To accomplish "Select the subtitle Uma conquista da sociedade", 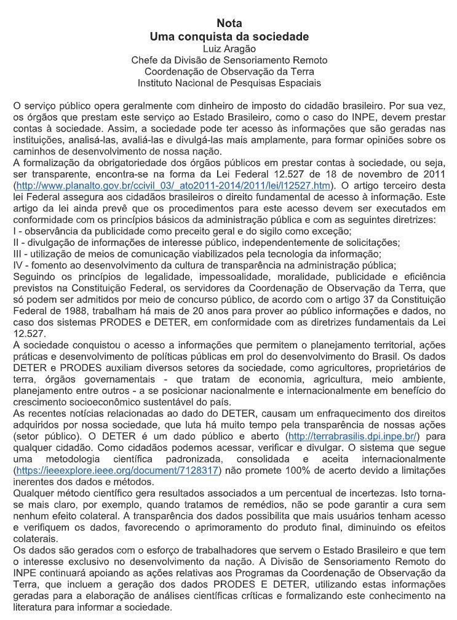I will pos(229,37).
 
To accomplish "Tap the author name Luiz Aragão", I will pos(229,49).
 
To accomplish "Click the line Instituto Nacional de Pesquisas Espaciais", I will pos(229,82).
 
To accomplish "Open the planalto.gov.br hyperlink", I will pos(175,185).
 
